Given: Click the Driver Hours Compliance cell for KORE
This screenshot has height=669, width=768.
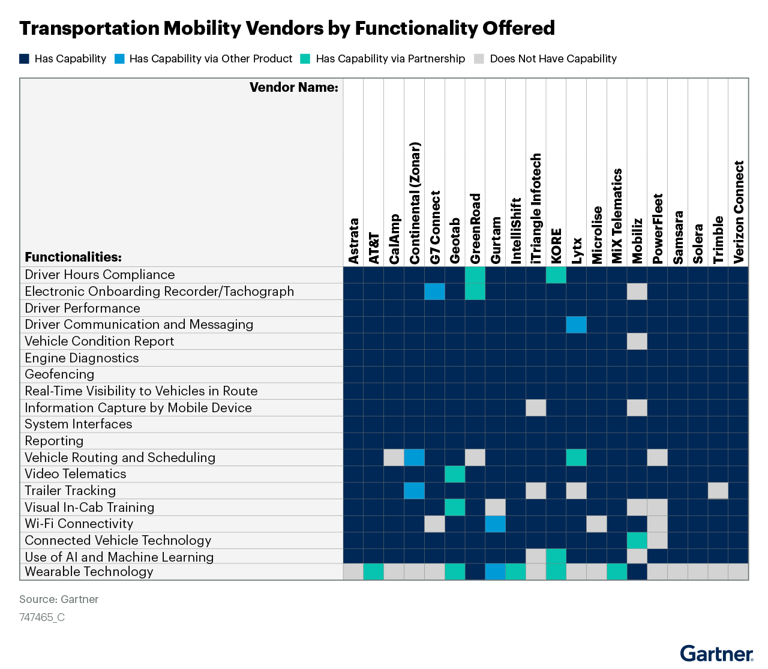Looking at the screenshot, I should (556, 275).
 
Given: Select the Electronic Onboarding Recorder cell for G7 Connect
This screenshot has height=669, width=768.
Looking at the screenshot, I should (434, 292).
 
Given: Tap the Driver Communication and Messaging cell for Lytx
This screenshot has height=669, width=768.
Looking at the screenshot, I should (577, 325).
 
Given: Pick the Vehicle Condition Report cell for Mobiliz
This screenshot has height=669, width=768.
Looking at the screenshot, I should (637, 341).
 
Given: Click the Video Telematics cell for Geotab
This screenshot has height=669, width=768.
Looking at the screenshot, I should (455, 474).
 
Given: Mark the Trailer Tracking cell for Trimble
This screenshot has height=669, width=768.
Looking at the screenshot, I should (718, 491).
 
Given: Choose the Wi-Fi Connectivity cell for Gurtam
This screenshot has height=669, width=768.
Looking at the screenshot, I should (496, 524).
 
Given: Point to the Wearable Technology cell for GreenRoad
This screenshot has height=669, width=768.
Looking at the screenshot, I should (475, 572).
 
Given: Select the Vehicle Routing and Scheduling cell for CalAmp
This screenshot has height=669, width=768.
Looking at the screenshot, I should (394, 458).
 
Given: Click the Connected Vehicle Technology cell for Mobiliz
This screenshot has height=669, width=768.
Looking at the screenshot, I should (637, 541).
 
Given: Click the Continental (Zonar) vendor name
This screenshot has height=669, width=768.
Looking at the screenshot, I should (415, 203).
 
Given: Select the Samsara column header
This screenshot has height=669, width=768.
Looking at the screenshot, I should (678, 238).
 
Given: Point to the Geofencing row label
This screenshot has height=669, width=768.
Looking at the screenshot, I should (59, 374).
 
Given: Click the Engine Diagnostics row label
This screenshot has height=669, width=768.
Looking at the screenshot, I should (82, 358).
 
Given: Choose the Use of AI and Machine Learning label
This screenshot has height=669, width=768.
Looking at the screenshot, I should (119, 557).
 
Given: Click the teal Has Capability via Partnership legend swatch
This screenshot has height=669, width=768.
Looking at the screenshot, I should (305, 59).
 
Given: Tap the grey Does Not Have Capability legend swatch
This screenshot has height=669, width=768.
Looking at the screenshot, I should (479, 59).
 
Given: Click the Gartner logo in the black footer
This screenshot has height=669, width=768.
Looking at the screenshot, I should (716, 654).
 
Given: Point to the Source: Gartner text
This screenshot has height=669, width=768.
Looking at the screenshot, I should (59, 599).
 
